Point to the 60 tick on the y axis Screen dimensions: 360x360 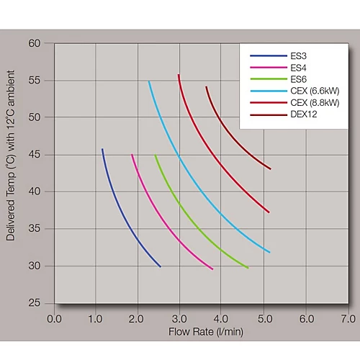[35, 43]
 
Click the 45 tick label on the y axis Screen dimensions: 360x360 [35, 154]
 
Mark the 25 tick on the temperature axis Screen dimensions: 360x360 [35, 303]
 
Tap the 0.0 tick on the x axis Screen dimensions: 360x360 [55, 318]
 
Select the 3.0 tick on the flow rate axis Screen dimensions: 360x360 [181, 318]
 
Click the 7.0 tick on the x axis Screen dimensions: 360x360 [348, 318]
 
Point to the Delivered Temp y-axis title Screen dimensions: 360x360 [12, 173]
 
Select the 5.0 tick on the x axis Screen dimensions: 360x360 [265, 318]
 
